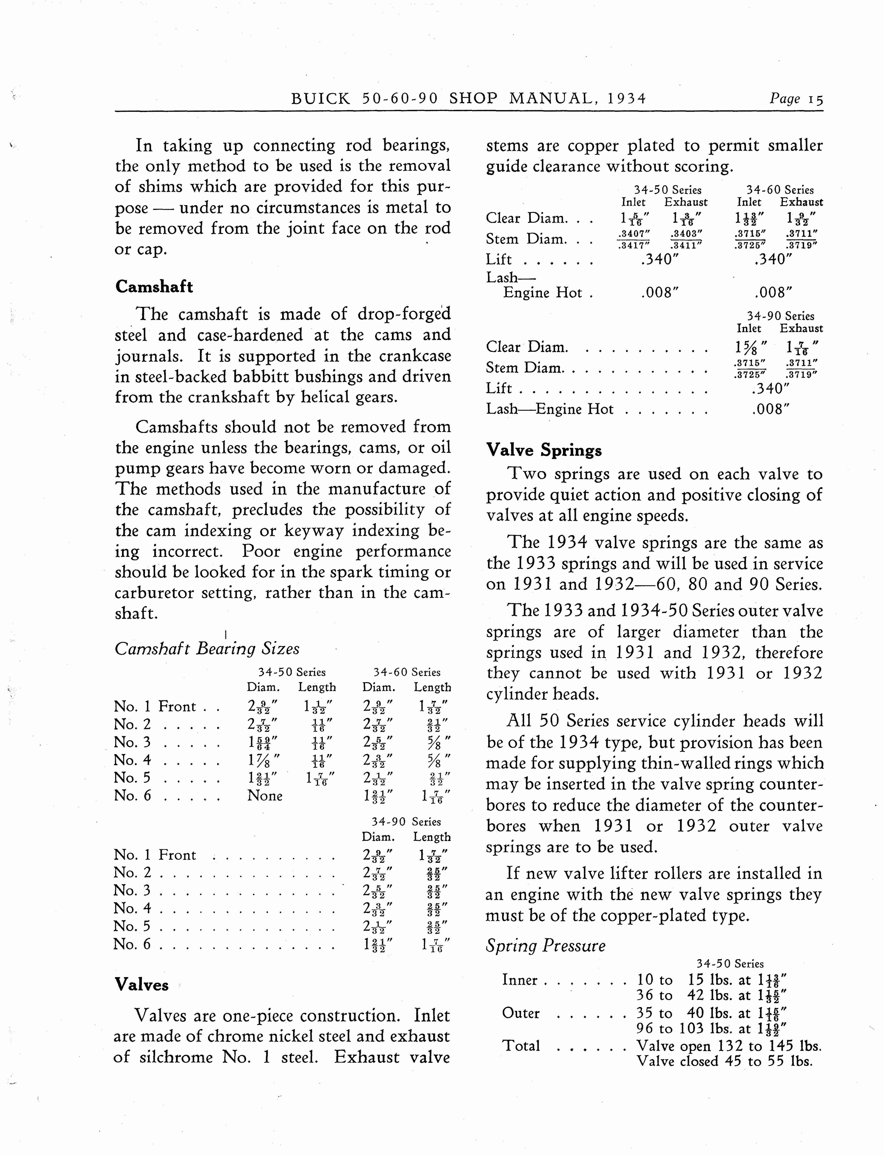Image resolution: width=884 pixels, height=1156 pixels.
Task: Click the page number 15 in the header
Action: coord(816,99)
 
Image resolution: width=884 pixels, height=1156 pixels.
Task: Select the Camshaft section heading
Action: coord(154,287)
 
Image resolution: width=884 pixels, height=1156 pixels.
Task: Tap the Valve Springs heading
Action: coord(543,451)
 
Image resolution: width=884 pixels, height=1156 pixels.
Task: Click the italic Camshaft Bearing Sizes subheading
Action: coord(207,649)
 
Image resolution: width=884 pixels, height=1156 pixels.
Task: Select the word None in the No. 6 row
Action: coord(265,795)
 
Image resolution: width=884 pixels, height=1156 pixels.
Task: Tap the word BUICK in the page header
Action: coord(320,99)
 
